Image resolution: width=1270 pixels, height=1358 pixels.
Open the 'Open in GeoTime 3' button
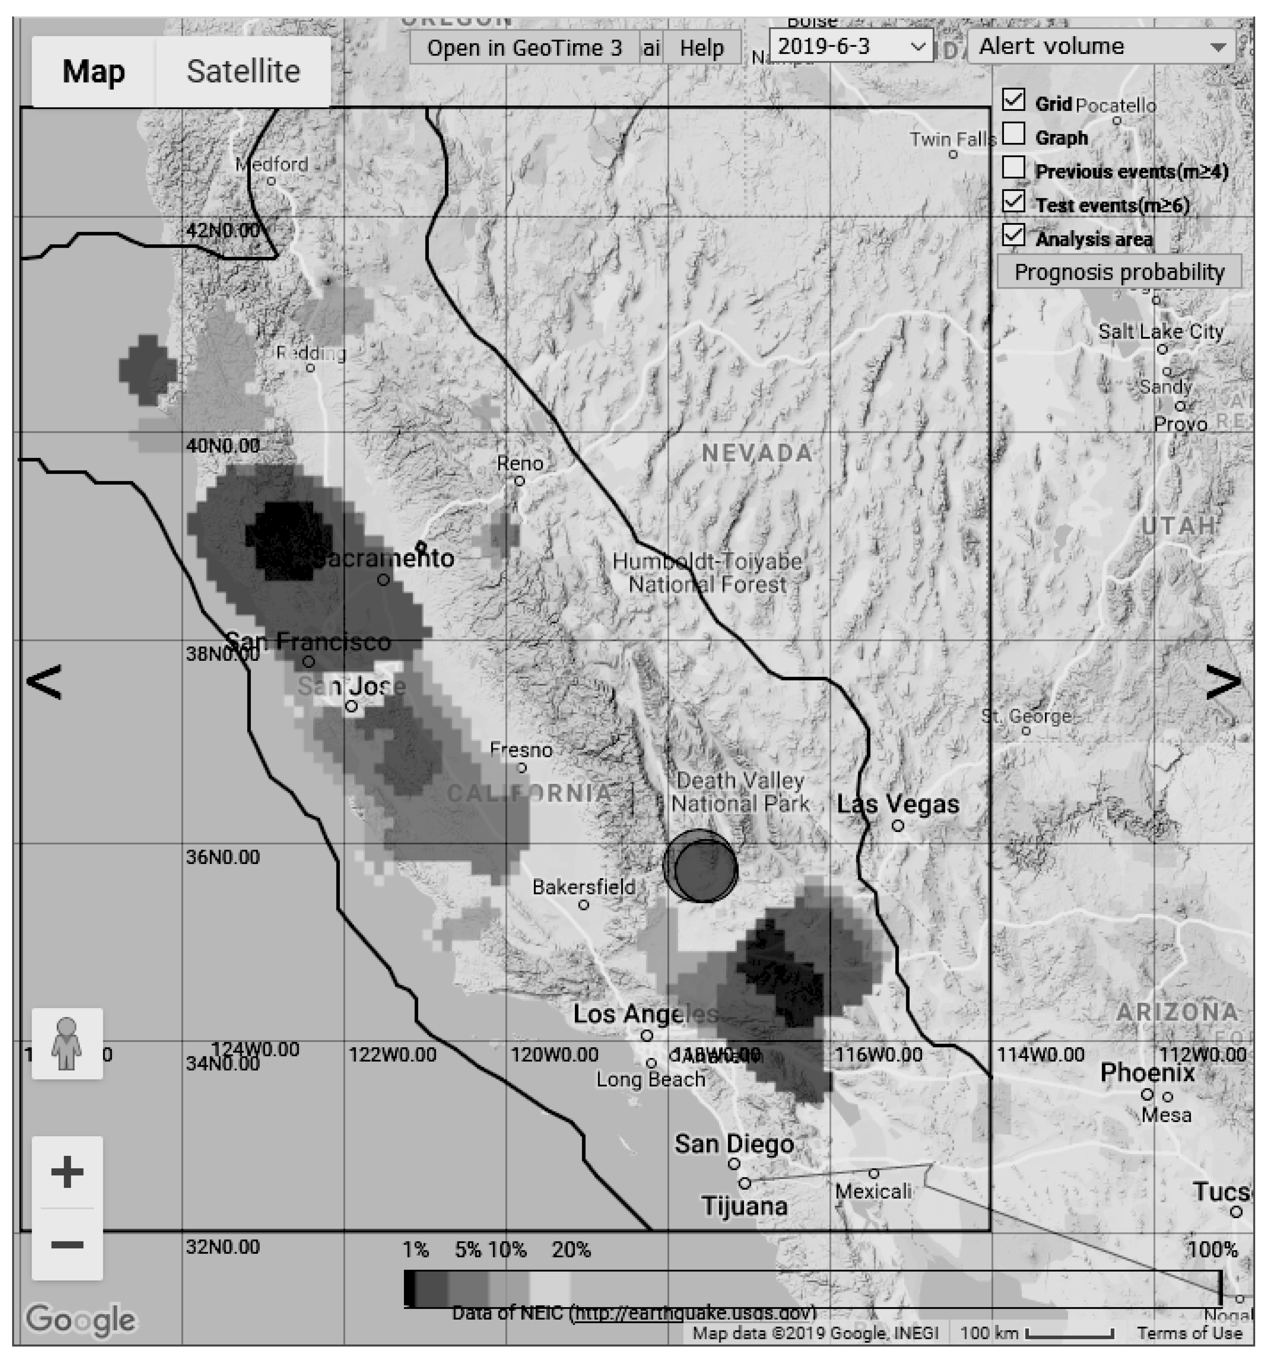point(524,48)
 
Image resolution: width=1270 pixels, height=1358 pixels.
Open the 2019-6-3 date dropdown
point(851,47)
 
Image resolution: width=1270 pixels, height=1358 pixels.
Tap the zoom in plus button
point(67,1173)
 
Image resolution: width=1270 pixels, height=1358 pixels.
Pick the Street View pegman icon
point(67,1044)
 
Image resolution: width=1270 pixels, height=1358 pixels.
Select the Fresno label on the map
point(521,750)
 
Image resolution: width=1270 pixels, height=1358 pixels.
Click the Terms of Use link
point(1189,1333)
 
